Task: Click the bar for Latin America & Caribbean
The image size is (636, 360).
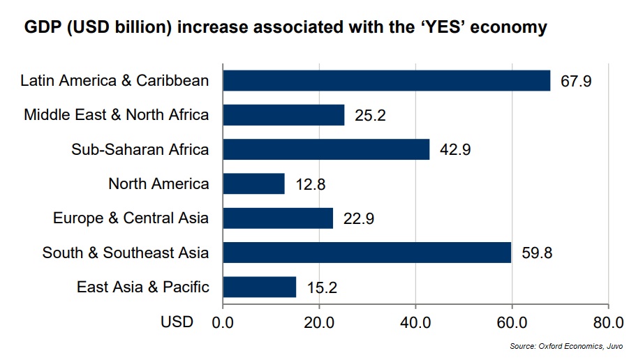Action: [x=386, y=80]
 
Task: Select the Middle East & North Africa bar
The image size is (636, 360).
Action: [x=283, y=114]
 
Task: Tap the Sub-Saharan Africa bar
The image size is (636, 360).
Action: [x=326, y=149]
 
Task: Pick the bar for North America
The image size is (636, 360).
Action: [x=253, y=183]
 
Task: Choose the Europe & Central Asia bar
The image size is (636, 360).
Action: [x=278, y=218]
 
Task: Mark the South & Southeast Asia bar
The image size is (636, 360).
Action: [x=367, y=252]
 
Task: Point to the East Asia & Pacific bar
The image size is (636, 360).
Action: [x=259, y=287]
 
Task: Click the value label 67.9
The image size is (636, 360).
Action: [x=576, y=81]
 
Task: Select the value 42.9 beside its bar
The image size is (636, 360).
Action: [x=455, y=150]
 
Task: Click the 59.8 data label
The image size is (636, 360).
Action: [x=537, y=253]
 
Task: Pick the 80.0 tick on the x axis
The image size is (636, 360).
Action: [x=607, y=322]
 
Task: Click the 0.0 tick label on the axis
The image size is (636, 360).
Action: [x=223, y=322]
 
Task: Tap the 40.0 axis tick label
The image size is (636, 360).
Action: [x=415, y=322]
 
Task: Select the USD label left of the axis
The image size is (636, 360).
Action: [x=176, y=322]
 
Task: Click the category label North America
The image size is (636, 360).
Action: [x=158, y=184]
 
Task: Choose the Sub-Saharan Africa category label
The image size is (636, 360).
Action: [x=140, y=149]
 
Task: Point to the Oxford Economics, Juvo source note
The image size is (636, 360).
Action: [x=566, y=347]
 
